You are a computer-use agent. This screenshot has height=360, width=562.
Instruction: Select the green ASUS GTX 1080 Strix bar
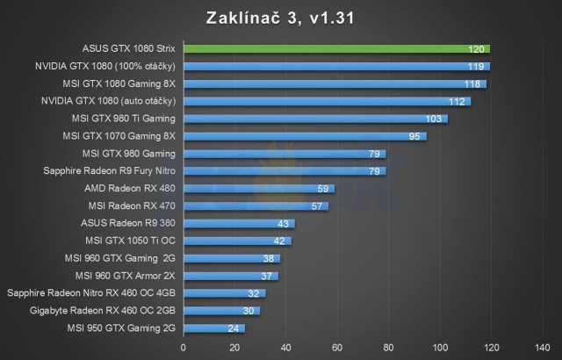click(336, 49)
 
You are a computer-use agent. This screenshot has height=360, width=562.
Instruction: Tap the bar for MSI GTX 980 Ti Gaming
click(314, 119)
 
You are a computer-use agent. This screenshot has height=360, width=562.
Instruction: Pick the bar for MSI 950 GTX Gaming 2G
click(213, 328)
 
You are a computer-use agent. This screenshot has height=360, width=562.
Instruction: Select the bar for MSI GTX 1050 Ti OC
click(237, 241)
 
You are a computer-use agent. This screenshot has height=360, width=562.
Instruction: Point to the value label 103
click(432, 119)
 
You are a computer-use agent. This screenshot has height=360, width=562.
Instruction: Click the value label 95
click(414, 136)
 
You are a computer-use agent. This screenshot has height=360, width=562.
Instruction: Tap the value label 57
click(317, 206)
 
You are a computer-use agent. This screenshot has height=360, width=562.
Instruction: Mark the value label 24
click(234, 328)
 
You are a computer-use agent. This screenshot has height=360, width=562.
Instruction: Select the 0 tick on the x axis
click(183, 346)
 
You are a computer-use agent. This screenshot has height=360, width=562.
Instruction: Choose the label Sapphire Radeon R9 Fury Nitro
click(110, 171)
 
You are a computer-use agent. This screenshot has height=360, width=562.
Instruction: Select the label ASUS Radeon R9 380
click(128, 223)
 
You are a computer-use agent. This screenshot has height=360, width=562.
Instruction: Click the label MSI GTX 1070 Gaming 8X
click(119, 136)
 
